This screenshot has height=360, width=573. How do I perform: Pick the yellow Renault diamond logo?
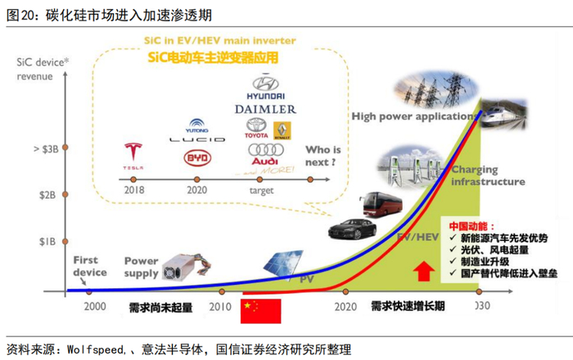pyautogui.click(x=282, y=129)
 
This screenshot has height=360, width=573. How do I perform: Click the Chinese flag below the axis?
pyautogui.click(x=260, y=309)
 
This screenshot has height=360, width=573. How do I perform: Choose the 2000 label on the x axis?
pyautogui.click(x=93, y=308)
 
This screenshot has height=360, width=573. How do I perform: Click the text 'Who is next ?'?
pyautogui.click(x=323, y=155)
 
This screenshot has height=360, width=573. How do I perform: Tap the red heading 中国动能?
pyautogui.click(x=467, y=223)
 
